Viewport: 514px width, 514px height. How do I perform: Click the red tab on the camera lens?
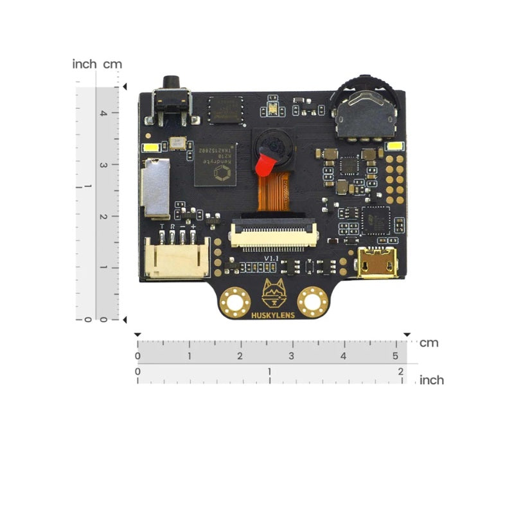click(x=262, y=167)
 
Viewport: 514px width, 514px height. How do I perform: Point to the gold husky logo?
click(x=274, y=294)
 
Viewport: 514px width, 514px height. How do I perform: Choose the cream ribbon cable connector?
click(x=275, y=235)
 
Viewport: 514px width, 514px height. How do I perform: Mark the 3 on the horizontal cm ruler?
click(x=292, y=356)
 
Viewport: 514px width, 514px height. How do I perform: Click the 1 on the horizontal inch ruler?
click(x=269, y=371)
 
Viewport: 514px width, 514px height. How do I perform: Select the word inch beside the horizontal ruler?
click(x=431, y=380)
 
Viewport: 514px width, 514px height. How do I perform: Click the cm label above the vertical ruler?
click(x=114, y=64)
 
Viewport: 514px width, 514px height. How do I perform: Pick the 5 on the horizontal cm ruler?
click(x=395, y=356)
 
